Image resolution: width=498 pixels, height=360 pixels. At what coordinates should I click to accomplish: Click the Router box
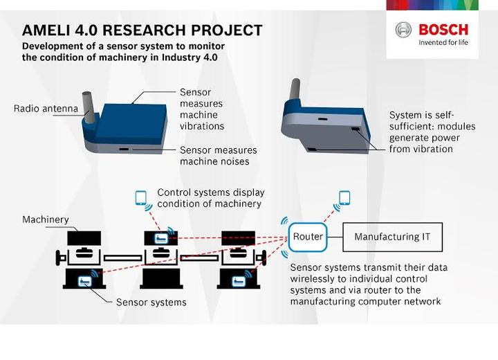click(307, 237)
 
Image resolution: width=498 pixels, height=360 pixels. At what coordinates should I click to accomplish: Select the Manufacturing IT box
click(393, 237)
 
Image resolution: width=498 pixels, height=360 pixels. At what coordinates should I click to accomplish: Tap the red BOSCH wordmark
click(443, 30)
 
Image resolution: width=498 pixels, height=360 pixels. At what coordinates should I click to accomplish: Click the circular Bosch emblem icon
click(403, 30)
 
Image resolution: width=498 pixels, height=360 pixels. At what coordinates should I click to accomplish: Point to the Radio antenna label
click(46, 109)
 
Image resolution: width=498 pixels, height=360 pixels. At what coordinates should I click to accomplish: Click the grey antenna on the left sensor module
click(88, 107)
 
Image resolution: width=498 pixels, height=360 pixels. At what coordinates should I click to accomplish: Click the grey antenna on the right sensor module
click(295, 90)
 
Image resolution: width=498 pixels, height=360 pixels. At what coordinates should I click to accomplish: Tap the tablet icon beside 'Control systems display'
click(140, 198)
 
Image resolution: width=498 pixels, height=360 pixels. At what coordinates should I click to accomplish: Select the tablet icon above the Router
click(344, 198)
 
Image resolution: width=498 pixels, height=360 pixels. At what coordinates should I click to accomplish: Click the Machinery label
click(46, 219)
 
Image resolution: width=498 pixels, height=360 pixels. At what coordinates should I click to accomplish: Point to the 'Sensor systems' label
click(151, 302)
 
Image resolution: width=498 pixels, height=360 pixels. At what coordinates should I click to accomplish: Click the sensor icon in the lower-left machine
click(84, 281)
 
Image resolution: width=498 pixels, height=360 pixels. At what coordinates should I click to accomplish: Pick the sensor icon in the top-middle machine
click(161, 238)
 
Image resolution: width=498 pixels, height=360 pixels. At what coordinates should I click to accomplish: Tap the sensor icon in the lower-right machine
click(239, 281)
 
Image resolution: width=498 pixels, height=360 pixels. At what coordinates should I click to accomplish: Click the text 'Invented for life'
click(443, 42)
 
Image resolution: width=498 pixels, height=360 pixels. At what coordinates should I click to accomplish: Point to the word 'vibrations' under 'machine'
click(202, 126)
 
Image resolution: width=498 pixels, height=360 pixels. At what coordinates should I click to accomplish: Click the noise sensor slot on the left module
click(124, 149)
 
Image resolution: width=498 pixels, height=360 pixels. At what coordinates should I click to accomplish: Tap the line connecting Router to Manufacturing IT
click(335, 237)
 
